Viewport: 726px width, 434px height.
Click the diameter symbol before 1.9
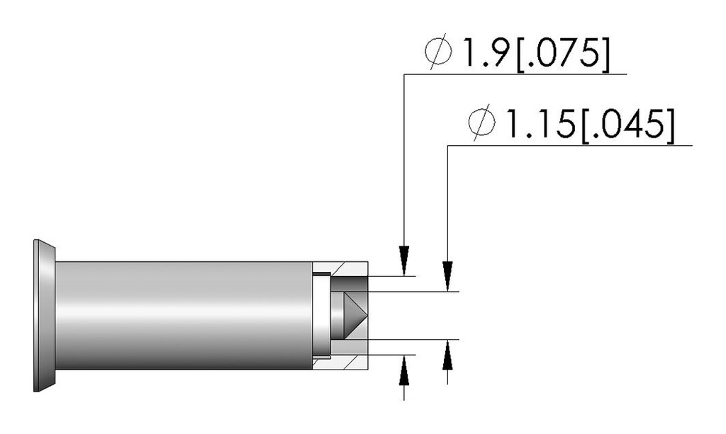[437, 52]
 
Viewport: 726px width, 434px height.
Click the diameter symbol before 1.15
[481, 122]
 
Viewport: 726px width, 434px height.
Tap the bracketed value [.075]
[563, 53]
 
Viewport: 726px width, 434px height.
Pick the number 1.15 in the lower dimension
[540, 123]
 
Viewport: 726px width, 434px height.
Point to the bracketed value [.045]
[627, 125]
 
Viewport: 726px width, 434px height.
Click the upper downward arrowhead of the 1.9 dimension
[404, 261]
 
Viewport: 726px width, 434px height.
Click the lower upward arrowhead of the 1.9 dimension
[404, 370]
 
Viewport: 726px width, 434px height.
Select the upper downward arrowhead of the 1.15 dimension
[447, 276]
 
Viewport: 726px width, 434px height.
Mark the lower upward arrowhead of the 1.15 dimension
[447, 355]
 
